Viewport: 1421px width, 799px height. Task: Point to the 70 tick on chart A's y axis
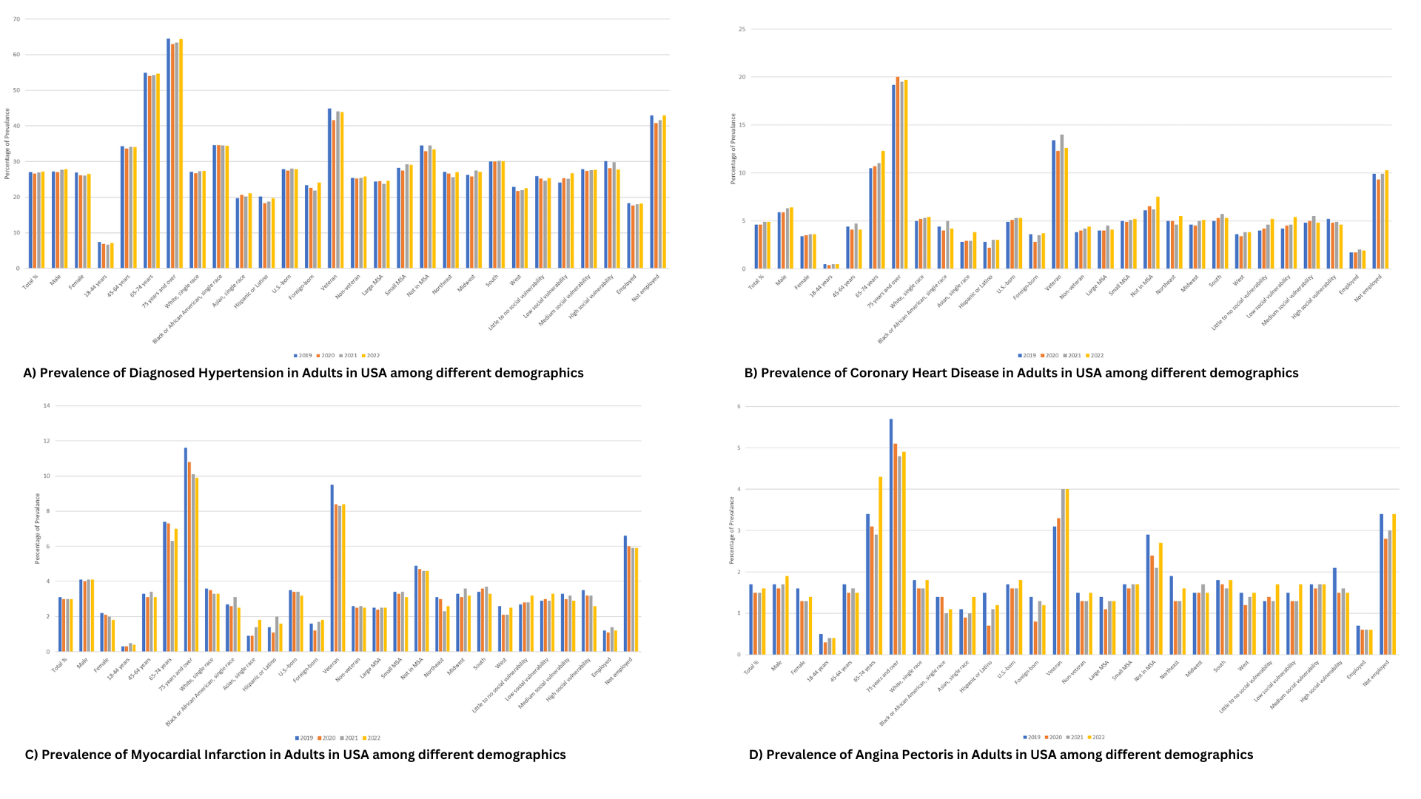[16, 19]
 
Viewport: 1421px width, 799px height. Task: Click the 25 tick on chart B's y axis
[742, 30]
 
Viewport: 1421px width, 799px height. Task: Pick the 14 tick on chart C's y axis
[47, 405]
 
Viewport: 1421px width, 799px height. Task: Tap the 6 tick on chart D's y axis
[738, 406]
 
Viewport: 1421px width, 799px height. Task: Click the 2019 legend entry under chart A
[303, 356]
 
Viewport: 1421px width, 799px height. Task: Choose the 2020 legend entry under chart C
[326, 738]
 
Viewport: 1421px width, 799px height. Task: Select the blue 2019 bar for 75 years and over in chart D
[891, 536]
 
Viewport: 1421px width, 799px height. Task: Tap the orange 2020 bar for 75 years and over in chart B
[898, 172]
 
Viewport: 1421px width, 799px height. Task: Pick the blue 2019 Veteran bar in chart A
[330, 188]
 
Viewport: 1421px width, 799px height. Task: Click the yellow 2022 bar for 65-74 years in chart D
[880, 565]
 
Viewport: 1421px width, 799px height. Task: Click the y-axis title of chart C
[38, 528]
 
